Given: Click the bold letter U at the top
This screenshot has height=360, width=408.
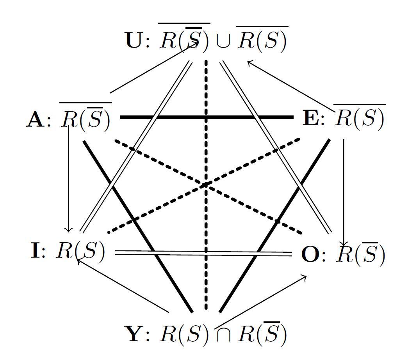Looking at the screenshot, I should pos(134,40).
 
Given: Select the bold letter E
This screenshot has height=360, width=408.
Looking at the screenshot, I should pos(311,118).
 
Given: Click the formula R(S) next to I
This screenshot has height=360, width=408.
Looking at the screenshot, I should pos(81,250).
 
